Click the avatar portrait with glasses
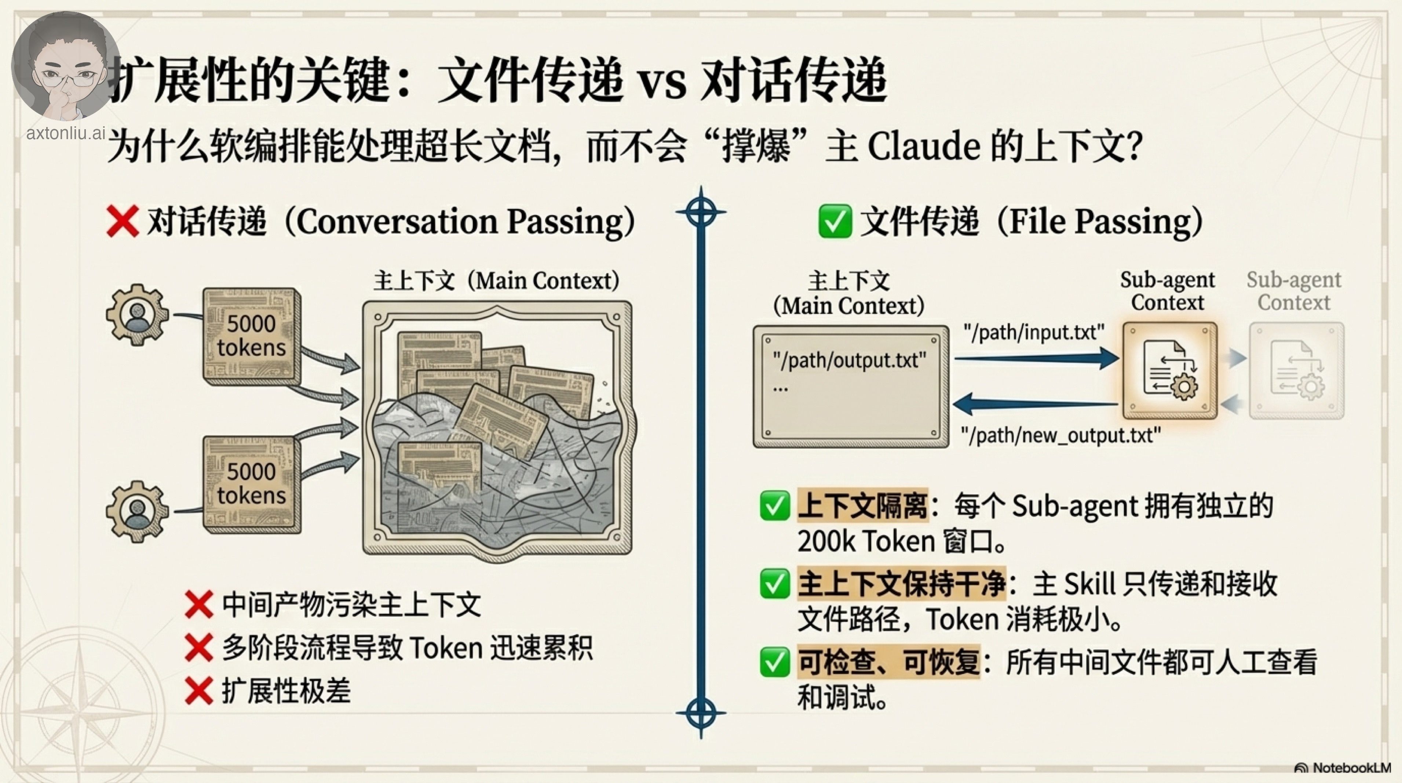click(65, 65)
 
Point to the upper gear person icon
click(136, 315)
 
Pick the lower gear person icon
click(136, 511)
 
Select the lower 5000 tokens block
click(251, 483)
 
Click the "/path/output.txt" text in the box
click(849, 360)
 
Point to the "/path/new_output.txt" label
click(1060, 436)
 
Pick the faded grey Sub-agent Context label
click(1294, 291)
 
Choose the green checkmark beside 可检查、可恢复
click(774, 662)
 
